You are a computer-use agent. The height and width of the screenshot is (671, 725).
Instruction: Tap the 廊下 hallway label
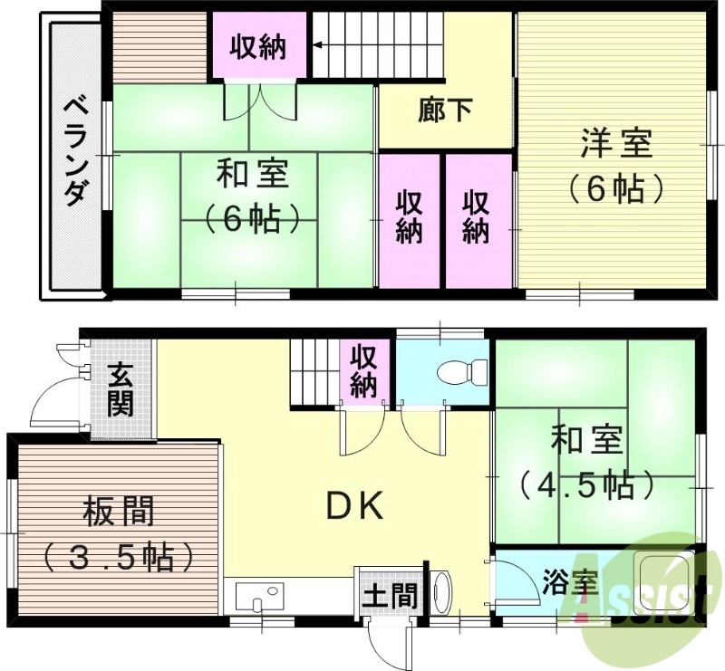click(445, 110)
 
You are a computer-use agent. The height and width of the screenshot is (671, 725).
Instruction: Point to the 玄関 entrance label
click(120, 389)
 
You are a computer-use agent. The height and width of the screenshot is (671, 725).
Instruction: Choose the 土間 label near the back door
click(391, 596)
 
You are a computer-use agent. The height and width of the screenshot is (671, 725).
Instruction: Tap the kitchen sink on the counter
click(258, 597)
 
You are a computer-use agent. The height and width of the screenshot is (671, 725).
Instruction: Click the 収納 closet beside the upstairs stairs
click(257, 45)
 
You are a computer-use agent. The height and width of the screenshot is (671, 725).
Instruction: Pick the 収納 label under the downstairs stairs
click(363, 371)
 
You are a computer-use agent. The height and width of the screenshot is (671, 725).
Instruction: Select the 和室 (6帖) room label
click(251, 195)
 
